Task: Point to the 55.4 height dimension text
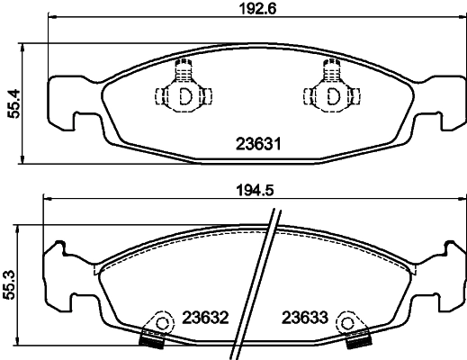(13, 103)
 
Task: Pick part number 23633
(305, 318)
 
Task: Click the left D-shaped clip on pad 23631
(184, 94)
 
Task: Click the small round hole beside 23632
(163, 321)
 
